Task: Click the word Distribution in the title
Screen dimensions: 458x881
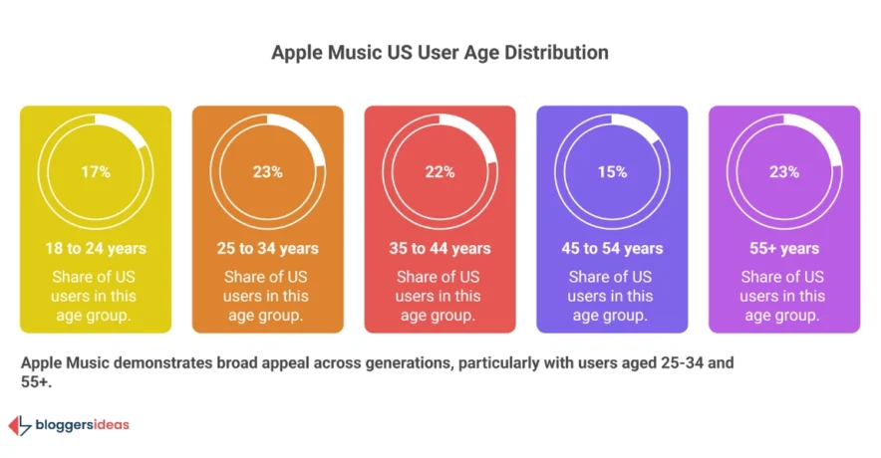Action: (x=558, y=52)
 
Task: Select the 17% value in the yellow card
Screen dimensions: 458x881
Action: (x=96, y=171)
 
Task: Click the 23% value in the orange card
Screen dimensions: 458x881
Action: (x=267, y=171)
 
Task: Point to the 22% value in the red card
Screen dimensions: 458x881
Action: (x=440, y=171)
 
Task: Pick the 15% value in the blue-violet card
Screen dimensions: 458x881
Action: (x=612, y=171)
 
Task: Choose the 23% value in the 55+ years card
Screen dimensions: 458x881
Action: (x=784, y=171)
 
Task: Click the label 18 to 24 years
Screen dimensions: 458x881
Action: (x=96, y=248)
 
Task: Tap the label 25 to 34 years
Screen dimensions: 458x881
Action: (x=267, y=248)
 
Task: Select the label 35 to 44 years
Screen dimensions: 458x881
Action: (x=440, y=248)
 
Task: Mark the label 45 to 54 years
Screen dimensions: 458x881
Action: (x=612, y=248)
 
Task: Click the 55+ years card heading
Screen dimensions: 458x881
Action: (x=784, y=248)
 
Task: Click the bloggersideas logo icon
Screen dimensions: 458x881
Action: (x=19, y=426)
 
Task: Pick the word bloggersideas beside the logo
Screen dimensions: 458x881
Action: (x=83, y=425)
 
